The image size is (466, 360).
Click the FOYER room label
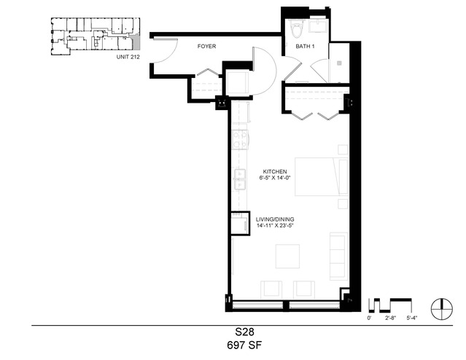pos(206,47)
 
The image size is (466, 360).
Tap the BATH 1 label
pos(305,47)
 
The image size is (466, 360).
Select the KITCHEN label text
pos(275,172)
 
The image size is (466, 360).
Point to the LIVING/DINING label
pos(275,219)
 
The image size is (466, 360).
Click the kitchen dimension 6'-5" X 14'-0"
pos(274,178)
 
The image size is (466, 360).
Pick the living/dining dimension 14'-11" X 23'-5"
pos(275,225)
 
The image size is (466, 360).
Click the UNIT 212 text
pos(128,57)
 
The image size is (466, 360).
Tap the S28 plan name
pos(244,332)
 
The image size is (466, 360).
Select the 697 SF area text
pos(244,345)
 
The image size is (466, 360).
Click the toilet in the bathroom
pos(297,28)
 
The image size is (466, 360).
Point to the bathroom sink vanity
pos(318,26)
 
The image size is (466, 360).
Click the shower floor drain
pos(339,63)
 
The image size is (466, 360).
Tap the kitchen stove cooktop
pos(240,140)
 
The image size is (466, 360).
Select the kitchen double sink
pos(239,179)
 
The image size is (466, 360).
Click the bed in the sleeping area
pos(322,177)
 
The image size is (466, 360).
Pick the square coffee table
pos(287,257)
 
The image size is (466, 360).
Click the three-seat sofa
pos(339,257)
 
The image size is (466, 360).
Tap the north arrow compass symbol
pos(442,309)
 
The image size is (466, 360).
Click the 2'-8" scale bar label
pos(391,318)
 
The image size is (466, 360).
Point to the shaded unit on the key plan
pos(136,42)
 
